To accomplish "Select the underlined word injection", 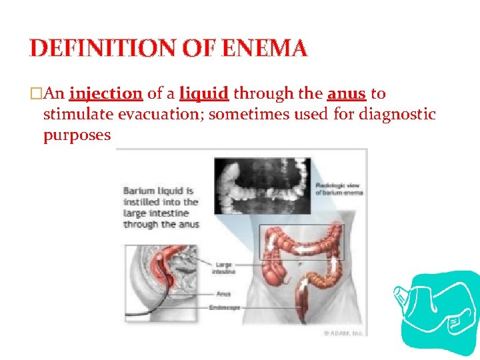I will click(x=105, y=94).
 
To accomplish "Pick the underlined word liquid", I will click(x=204, y=94).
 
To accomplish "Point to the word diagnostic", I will click(x=397, y=115).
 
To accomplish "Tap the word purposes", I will click(x=77, y=135).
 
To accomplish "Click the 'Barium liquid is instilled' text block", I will click(x=161, y=207).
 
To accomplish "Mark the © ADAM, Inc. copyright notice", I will click(x=343, y=331).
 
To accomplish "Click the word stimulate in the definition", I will click(x=73, y=115).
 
